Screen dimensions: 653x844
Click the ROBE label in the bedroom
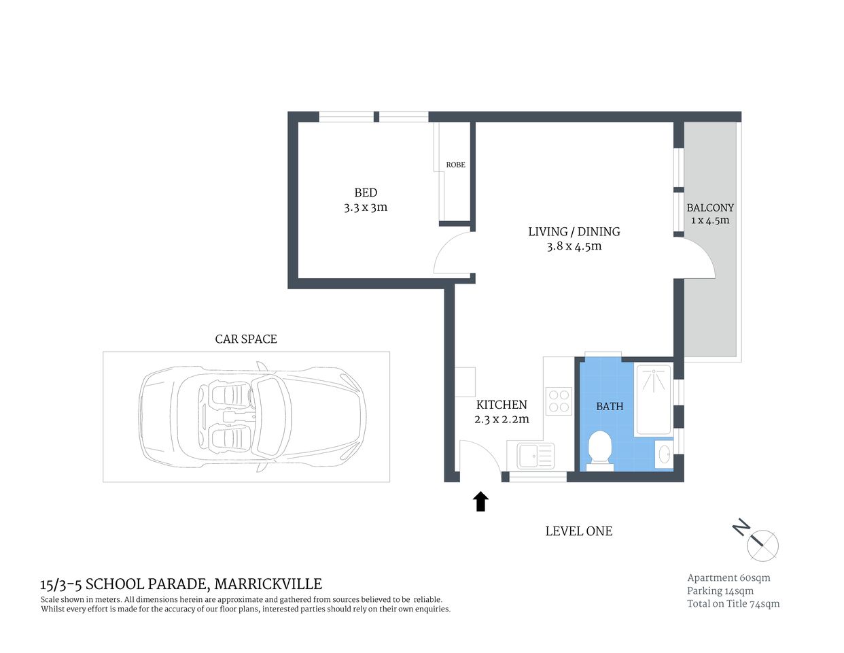455,165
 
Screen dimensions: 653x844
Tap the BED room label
366,192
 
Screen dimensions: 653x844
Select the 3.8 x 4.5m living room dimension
574,246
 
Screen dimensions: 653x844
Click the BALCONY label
710,207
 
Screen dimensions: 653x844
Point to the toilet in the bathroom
599,449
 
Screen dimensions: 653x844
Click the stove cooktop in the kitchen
559,401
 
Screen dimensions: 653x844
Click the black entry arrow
481,501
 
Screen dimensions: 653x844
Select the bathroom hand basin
664,454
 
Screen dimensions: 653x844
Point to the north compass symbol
761,543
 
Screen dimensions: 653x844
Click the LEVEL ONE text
578,531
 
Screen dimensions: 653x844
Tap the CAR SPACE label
246,339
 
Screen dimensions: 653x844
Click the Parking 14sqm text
720,590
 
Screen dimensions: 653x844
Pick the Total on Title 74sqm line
733,603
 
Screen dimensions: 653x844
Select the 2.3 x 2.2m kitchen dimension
502,419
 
